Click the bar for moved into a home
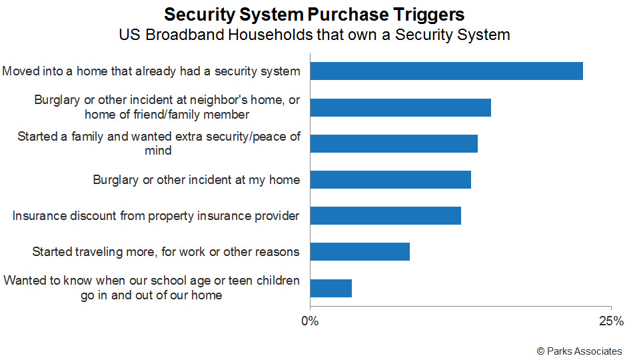point(446,71)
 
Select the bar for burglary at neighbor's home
point(400,107)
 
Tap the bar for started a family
point(394,144)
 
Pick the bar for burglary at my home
point(390,179)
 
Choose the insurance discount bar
point(386,215)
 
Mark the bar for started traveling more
point(360,251)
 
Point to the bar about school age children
point(331,288)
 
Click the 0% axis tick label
point(310,321)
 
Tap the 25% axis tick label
point(612,321)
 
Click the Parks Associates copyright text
point(579,351)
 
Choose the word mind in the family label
point(158,151)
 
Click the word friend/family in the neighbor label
point(167,115)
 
